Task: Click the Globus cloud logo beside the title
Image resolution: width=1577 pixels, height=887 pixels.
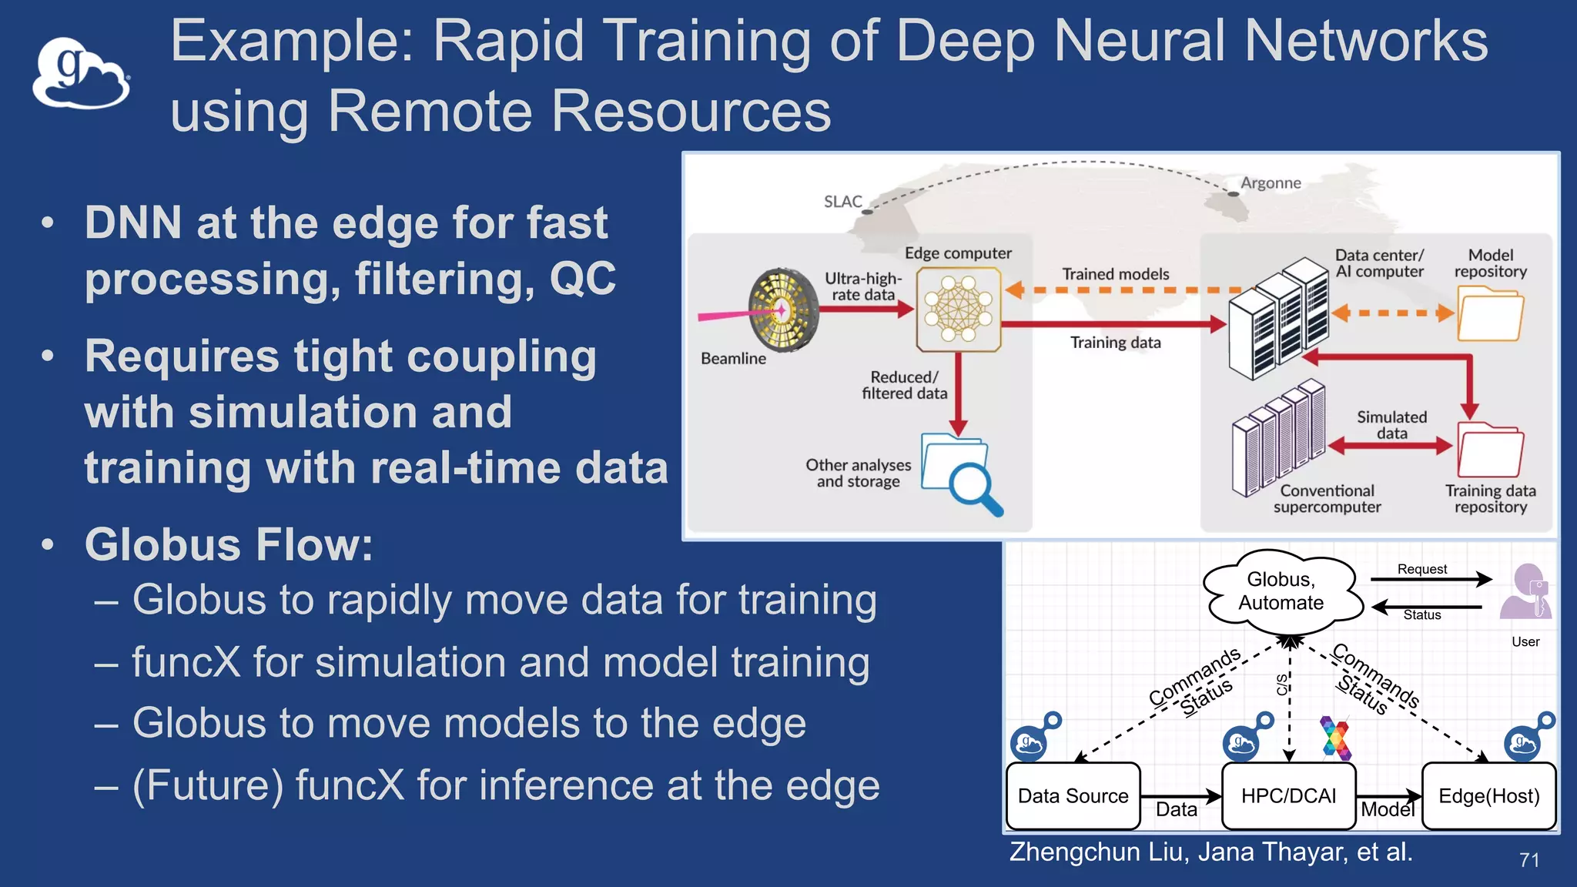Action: point(81,75)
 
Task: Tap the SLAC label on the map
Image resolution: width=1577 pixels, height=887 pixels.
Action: point(842,202)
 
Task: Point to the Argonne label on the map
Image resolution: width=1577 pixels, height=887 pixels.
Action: point(1271,183)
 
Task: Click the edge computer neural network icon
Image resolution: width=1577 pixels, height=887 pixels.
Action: point(959,310)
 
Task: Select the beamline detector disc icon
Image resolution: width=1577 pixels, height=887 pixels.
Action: point(782,310)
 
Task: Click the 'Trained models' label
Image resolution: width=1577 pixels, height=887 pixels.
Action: point(1115,274)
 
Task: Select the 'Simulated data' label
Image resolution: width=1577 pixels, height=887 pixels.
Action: point(1391,425)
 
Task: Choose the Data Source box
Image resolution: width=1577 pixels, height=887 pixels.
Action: point(1073,796)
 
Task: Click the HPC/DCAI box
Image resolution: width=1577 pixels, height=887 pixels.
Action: point(1288,796)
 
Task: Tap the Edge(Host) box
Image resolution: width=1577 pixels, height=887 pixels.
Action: point(1488,796)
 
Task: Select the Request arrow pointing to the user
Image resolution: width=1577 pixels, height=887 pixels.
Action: point(1431,580)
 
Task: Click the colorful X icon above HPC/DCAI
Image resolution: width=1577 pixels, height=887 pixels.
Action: point(1335,738)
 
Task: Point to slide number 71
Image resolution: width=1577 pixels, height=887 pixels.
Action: point(1529,860)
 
